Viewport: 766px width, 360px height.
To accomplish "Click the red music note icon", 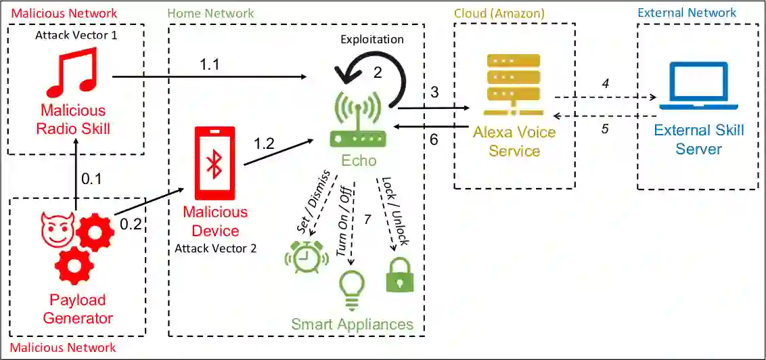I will (x=72, y=72).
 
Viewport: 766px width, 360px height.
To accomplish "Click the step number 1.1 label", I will (x=210, y=64).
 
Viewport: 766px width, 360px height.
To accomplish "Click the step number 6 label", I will (x=434, y=139).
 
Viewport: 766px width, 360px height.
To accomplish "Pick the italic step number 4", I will (x=606, y=83).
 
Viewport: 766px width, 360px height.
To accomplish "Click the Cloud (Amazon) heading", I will (x=499, y=13).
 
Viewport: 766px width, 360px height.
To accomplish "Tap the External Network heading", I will (x=687, y=13).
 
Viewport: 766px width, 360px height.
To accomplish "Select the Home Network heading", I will (x=210, y=13).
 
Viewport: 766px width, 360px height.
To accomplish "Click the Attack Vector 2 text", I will (x=215, y=248).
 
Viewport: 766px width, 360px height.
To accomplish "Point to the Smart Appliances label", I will (x=352, y=324).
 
